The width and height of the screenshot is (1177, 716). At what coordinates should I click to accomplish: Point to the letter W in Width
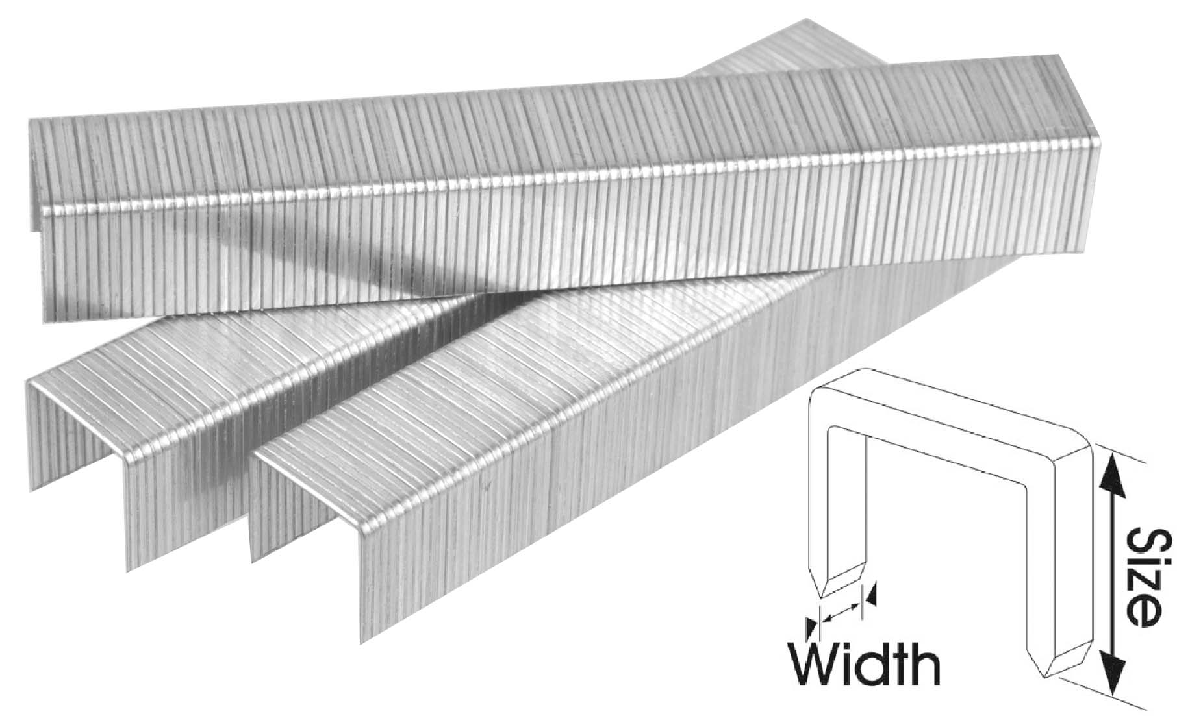[813, 663]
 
